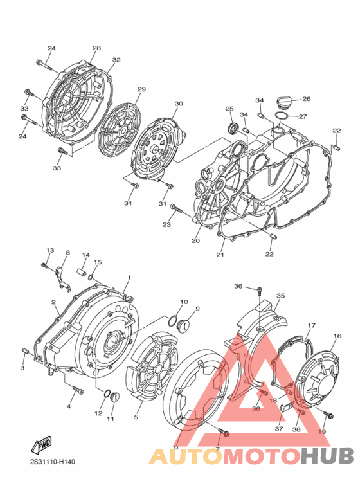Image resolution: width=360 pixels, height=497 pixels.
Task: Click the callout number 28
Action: point(96,48)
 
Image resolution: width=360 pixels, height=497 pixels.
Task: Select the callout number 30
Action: point(179,103)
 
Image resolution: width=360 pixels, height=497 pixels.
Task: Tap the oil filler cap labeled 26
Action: point(283,102)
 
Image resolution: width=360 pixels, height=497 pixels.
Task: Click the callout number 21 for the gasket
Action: point(220,255)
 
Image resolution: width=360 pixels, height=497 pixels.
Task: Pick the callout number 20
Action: point(195,242)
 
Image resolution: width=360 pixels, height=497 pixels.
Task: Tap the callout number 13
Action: point(50,250)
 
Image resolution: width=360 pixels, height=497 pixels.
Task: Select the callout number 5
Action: point(136,417)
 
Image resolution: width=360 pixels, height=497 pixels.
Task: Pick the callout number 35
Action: point(280,296)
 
